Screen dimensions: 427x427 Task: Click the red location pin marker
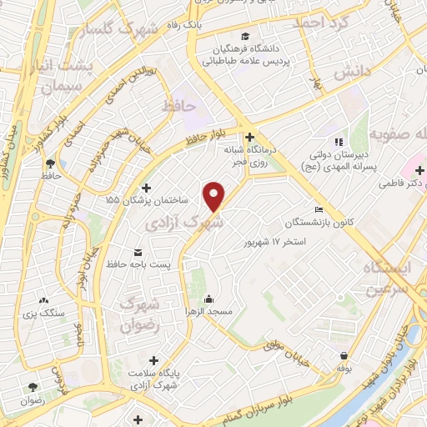[x=215, y=197]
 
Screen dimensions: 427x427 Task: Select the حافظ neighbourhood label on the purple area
[x=178, y=106]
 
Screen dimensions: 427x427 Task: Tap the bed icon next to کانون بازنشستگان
[x=318, y=210]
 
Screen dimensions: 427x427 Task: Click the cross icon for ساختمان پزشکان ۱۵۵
[x=148, y=188]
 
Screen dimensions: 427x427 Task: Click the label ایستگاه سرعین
[x=389, y=279]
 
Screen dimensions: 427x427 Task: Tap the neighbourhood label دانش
[x=351, y=73]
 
